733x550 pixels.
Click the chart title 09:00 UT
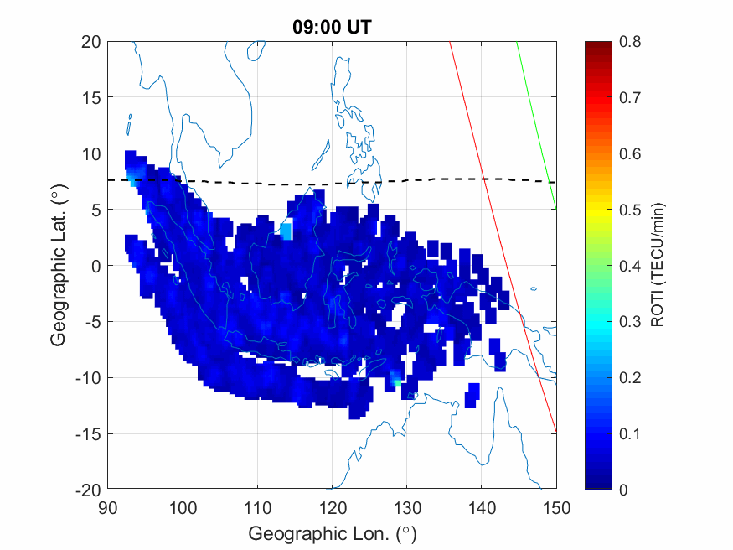(x=332, y=27)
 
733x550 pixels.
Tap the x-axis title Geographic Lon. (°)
(x=332, y=533)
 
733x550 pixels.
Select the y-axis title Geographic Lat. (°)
(x=58, y=266)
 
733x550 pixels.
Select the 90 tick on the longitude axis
(x=107, y=506)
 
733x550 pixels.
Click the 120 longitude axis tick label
(x=332, y=506)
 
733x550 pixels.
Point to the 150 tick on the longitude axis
(x=556, y=506)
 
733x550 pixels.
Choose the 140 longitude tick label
(x=482, y=506)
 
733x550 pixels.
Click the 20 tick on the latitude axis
(x=90, y=42)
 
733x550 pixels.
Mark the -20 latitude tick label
(x=86, y=490)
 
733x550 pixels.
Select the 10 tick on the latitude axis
(x=90, y=153)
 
